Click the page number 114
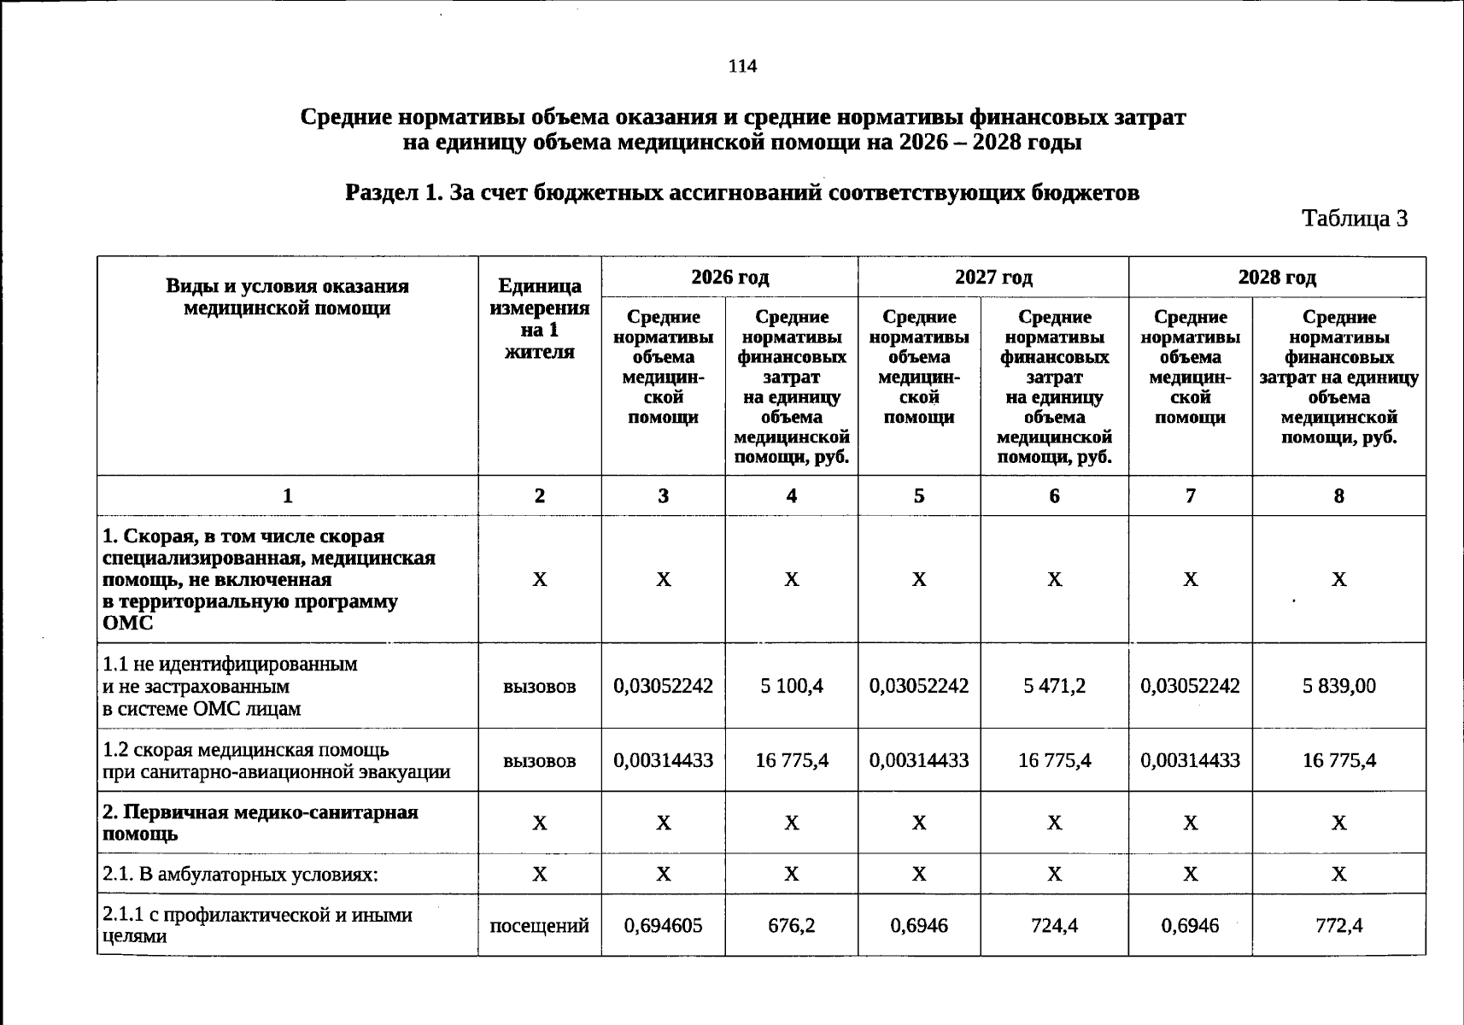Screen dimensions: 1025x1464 click(x=742, y=67)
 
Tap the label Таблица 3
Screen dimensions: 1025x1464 click(x=1354, y=219)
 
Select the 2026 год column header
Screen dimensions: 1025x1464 click(x=729, y=278)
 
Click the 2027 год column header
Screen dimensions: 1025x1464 click(x=993, y=278)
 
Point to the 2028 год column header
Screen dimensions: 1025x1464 click(x=1276, y=278)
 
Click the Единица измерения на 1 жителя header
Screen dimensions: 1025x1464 click(x=539, y=319)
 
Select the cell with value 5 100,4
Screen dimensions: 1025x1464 click(x=791, y=686)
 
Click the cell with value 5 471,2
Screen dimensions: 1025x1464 click(x=1054, y=686)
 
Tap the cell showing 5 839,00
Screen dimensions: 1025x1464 click(x=1338, y=686)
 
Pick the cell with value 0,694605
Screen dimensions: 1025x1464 click(x=663, y=925)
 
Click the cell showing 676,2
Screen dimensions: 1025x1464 click(x=791, y=925)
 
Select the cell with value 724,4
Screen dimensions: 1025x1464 click(x=1054, y=925)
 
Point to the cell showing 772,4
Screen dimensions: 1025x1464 click(x=1338, y=925)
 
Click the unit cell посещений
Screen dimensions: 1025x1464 click(x=539, y=925)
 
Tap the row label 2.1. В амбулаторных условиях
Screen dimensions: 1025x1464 click(x=240, y=875)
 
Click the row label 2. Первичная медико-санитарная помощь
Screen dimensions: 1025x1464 click(x=260, y=822)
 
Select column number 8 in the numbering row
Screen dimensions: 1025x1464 click(x=1338, y=495)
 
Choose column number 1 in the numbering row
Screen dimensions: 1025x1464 click(x=287, y=495)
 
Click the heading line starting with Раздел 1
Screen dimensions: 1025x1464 click(x=741, y=193)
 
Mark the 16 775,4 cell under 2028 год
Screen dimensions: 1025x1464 click(x=1338, y=760)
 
